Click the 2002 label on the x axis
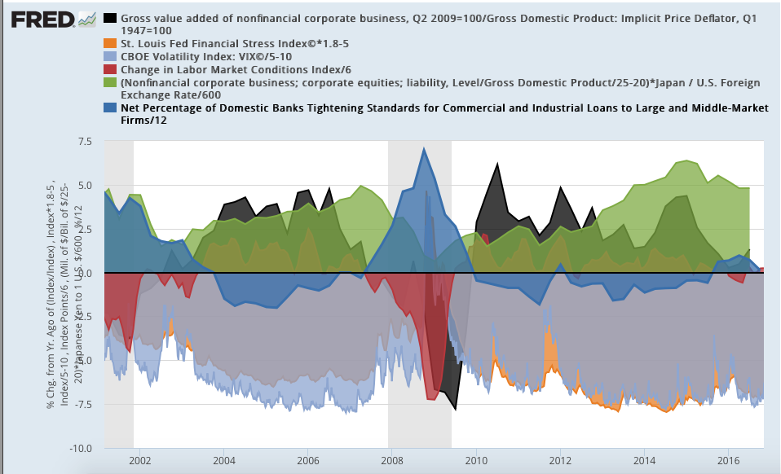tap(139, 460)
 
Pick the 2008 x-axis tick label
tap(391, 460)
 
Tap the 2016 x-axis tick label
tap(727, 460)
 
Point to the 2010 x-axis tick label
tap(475, 460)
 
